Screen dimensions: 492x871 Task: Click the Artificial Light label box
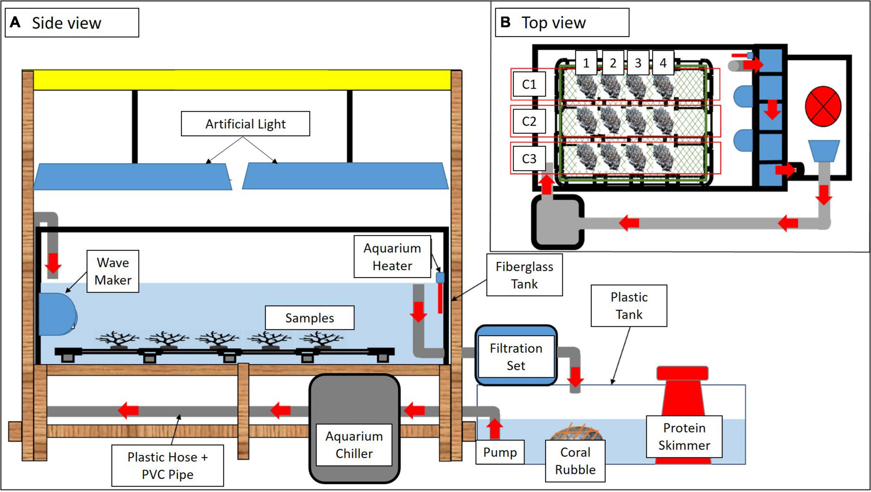click(245, 124)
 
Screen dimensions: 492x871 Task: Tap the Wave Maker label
click(113, 271)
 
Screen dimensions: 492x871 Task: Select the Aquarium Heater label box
click(392, 257)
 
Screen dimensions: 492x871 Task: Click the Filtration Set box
click(516, 356)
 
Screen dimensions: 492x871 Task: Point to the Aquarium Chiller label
click(354, 445)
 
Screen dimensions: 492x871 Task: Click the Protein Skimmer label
click(684, 436)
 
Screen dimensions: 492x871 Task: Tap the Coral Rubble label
click(575, 461)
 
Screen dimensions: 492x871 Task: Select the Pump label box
click(500, 452)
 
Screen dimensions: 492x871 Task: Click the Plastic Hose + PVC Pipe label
click(168, 465)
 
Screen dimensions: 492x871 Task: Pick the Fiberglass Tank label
click(524, 275)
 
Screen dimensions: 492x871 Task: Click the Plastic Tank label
click(629, 306)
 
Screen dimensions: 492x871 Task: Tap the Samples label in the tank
click(309, 318)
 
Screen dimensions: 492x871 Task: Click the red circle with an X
click(823, 106)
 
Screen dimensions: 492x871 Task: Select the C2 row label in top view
click(529, 121)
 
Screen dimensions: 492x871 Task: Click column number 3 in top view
click(638, 63)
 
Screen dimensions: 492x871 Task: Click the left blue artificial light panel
click(132, 177)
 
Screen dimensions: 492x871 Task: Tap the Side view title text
click(66, 23)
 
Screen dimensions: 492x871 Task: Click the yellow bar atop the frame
click(242, 80)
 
